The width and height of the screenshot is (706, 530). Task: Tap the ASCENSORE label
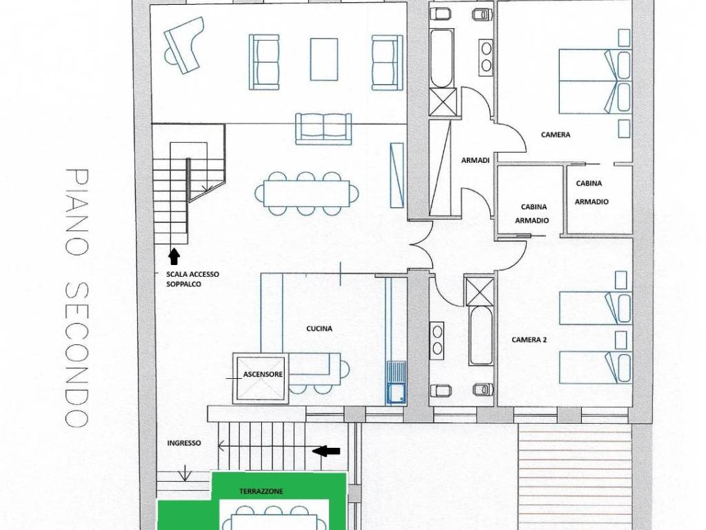tap(263, 374)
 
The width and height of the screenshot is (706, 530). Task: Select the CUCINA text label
tap(319, 328)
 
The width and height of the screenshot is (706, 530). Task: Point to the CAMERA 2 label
tap(529, 340)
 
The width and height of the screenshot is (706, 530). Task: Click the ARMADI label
tap(475, 159)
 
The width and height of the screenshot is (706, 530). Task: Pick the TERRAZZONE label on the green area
tap(261, 491)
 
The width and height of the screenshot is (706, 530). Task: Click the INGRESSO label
tap(184, 442)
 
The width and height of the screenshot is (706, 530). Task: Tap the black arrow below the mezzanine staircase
tap(174, 256)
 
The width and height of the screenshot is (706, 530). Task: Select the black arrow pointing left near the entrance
tap(327, 451)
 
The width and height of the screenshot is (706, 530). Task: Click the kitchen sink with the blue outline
tap(396, 382)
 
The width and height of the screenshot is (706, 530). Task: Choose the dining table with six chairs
tap(307, 193)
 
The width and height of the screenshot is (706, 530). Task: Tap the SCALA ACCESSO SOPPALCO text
tap(193, 279)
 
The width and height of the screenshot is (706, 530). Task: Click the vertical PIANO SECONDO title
tap(77, 298)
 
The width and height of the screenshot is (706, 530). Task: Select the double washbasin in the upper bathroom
tap(486, 57)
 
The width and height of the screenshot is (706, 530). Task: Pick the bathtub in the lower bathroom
tap(481, 335)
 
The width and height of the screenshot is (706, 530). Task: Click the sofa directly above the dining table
tap(323, 129)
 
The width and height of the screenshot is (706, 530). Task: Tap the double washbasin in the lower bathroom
tap(436, 341)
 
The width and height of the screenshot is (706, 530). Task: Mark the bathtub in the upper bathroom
tap(442, 59)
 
